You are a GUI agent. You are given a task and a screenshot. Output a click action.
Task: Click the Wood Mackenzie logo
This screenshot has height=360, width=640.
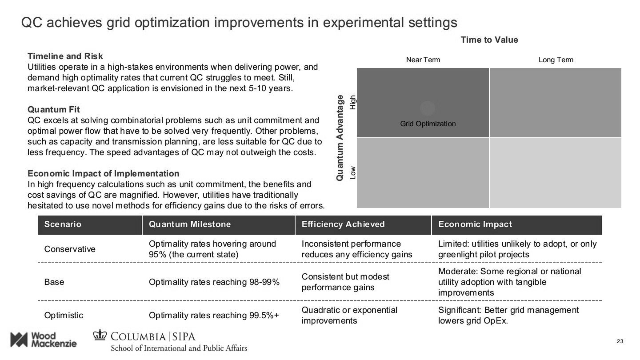point(43,340)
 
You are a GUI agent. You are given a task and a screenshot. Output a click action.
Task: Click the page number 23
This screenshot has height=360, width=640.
point(620,341)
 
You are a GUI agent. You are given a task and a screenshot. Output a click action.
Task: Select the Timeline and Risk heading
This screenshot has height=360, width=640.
point(65,56)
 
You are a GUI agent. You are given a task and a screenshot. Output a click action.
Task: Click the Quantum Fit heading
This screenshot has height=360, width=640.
point(53,109)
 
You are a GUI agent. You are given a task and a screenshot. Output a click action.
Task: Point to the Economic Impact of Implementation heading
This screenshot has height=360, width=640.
point(103,173)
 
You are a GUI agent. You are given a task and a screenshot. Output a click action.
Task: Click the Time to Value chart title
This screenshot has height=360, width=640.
point(489,40)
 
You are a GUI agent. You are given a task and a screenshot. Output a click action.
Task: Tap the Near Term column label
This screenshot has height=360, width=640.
point(423,60)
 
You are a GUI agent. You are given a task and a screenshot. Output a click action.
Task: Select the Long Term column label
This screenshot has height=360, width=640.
point(556,60)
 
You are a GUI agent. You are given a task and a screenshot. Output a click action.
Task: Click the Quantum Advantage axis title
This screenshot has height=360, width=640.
point(340,137)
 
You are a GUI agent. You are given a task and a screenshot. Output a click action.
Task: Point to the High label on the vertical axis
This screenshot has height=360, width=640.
point(353,102)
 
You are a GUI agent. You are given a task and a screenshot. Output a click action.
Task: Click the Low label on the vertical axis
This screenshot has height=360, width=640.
point(353,172)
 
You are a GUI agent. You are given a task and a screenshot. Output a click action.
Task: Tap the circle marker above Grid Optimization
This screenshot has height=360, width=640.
point(428,108)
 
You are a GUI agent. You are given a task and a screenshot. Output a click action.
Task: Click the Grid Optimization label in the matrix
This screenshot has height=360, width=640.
point(428,124)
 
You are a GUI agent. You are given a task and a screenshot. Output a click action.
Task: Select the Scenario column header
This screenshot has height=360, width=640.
point(63,224)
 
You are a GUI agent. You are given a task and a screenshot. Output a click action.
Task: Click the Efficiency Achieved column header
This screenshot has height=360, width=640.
point(343,224)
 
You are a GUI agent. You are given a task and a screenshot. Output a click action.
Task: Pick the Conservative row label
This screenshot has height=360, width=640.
point(70,249)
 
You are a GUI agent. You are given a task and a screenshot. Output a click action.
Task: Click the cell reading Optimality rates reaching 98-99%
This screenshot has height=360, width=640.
point(214,282)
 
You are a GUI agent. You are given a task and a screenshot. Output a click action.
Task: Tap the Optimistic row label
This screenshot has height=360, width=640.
point(64,315)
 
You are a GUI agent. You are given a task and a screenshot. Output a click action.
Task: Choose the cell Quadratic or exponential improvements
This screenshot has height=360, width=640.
point(349,315)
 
